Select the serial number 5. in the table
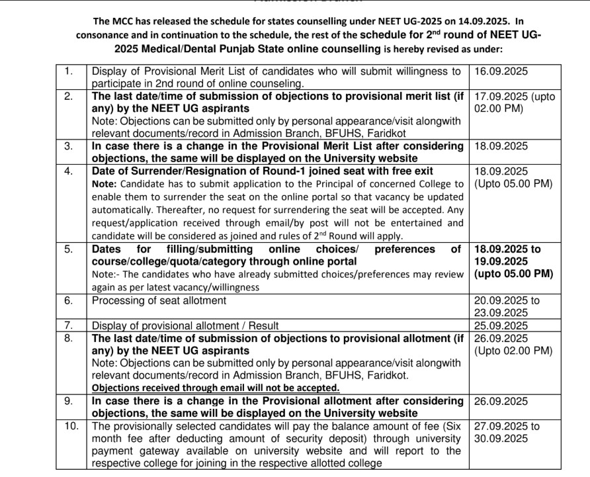pyautogui.click(x=69, y=249)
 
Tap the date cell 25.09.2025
pyautogui.click(x=501, y=325)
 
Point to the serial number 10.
pyautogui.click(x=71, y=427)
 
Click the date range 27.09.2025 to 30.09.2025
pyautogui.click(x=506, y=433)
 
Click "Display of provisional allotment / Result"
pyautogui.click(x=185, y=325)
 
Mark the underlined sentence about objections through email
pyautogui.click(x=216, y=388)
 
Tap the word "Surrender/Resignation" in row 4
pyautogui.click(x=176, y=170)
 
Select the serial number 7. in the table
pyautogui.click(x=69, y=325)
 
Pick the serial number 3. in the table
pyautogui.click(x=69, y=146)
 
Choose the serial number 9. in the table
pyautogui.click(x=69, y=402)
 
